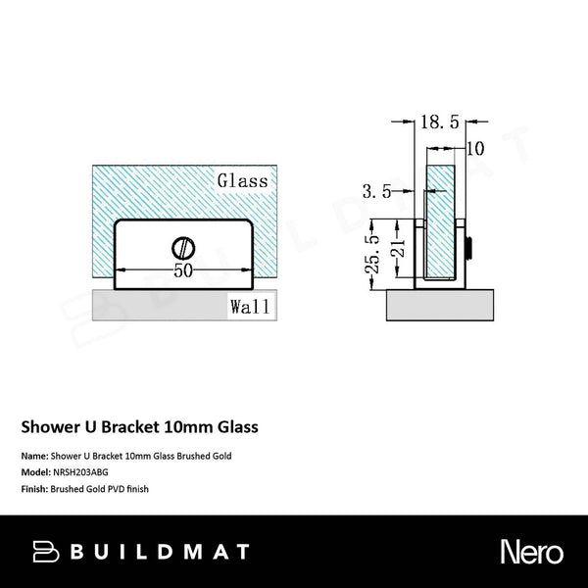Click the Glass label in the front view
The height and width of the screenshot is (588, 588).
pyautogui.click(x=243, y=181)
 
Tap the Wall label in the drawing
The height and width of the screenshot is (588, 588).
pyautogui.click(x=250, y=306)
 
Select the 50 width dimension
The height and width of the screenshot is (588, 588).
pyautogui.click(x=182, y=271)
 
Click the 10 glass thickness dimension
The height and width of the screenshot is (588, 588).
pyautogui.click(x=475, y=149)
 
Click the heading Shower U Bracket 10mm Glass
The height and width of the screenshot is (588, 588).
pyautogui.click(x=140, y=427)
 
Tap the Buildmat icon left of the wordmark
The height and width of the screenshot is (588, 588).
pyautogui.click(x=45, y=552)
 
